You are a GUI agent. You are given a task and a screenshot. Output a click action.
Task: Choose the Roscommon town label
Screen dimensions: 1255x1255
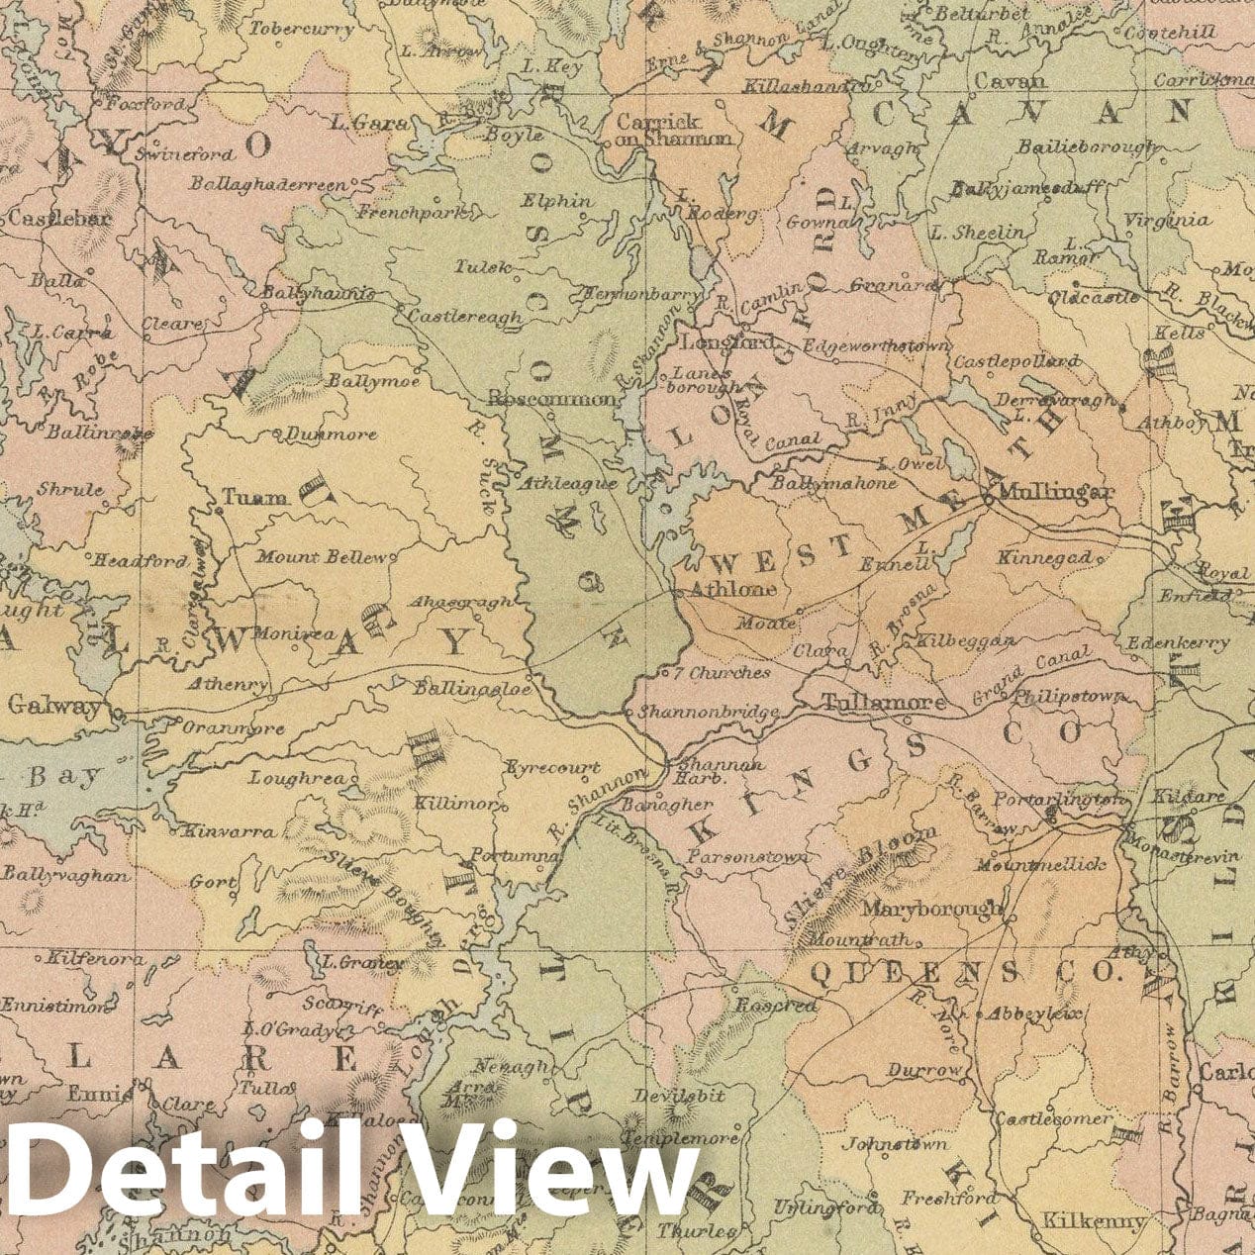[x=554, y=399]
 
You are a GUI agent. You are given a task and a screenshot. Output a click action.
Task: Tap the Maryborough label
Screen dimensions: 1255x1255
[x=932, y=908]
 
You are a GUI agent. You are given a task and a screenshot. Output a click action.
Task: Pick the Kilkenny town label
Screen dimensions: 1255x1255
[x=1094, y=1221]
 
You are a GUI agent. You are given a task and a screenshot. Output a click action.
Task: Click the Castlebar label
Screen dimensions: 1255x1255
[x=59, y=219]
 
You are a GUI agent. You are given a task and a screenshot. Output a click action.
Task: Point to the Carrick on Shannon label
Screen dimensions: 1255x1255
[x=673, y=130]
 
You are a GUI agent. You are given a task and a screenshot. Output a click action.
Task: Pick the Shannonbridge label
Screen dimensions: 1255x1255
[x=707, y=711]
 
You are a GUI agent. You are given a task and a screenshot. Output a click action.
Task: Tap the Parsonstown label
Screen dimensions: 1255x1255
[x=748, y=857]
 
